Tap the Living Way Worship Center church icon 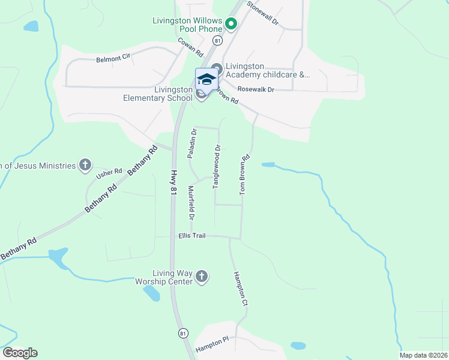(202, 277)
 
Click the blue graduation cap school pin (206, 80)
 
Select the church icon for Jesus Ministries (86, 165)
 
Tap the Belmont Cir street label (114, 59)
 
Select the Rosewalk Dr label (256, 89)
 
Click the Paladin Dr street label (193, 143)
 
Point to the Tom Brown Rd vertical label (244, 175)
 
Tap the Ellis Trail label (192, 236)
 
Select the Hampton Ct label (240, 289)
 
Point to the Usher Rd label (109, 174)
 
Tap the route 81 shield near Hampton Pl (183, 333)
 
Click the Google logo (20, 353)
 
